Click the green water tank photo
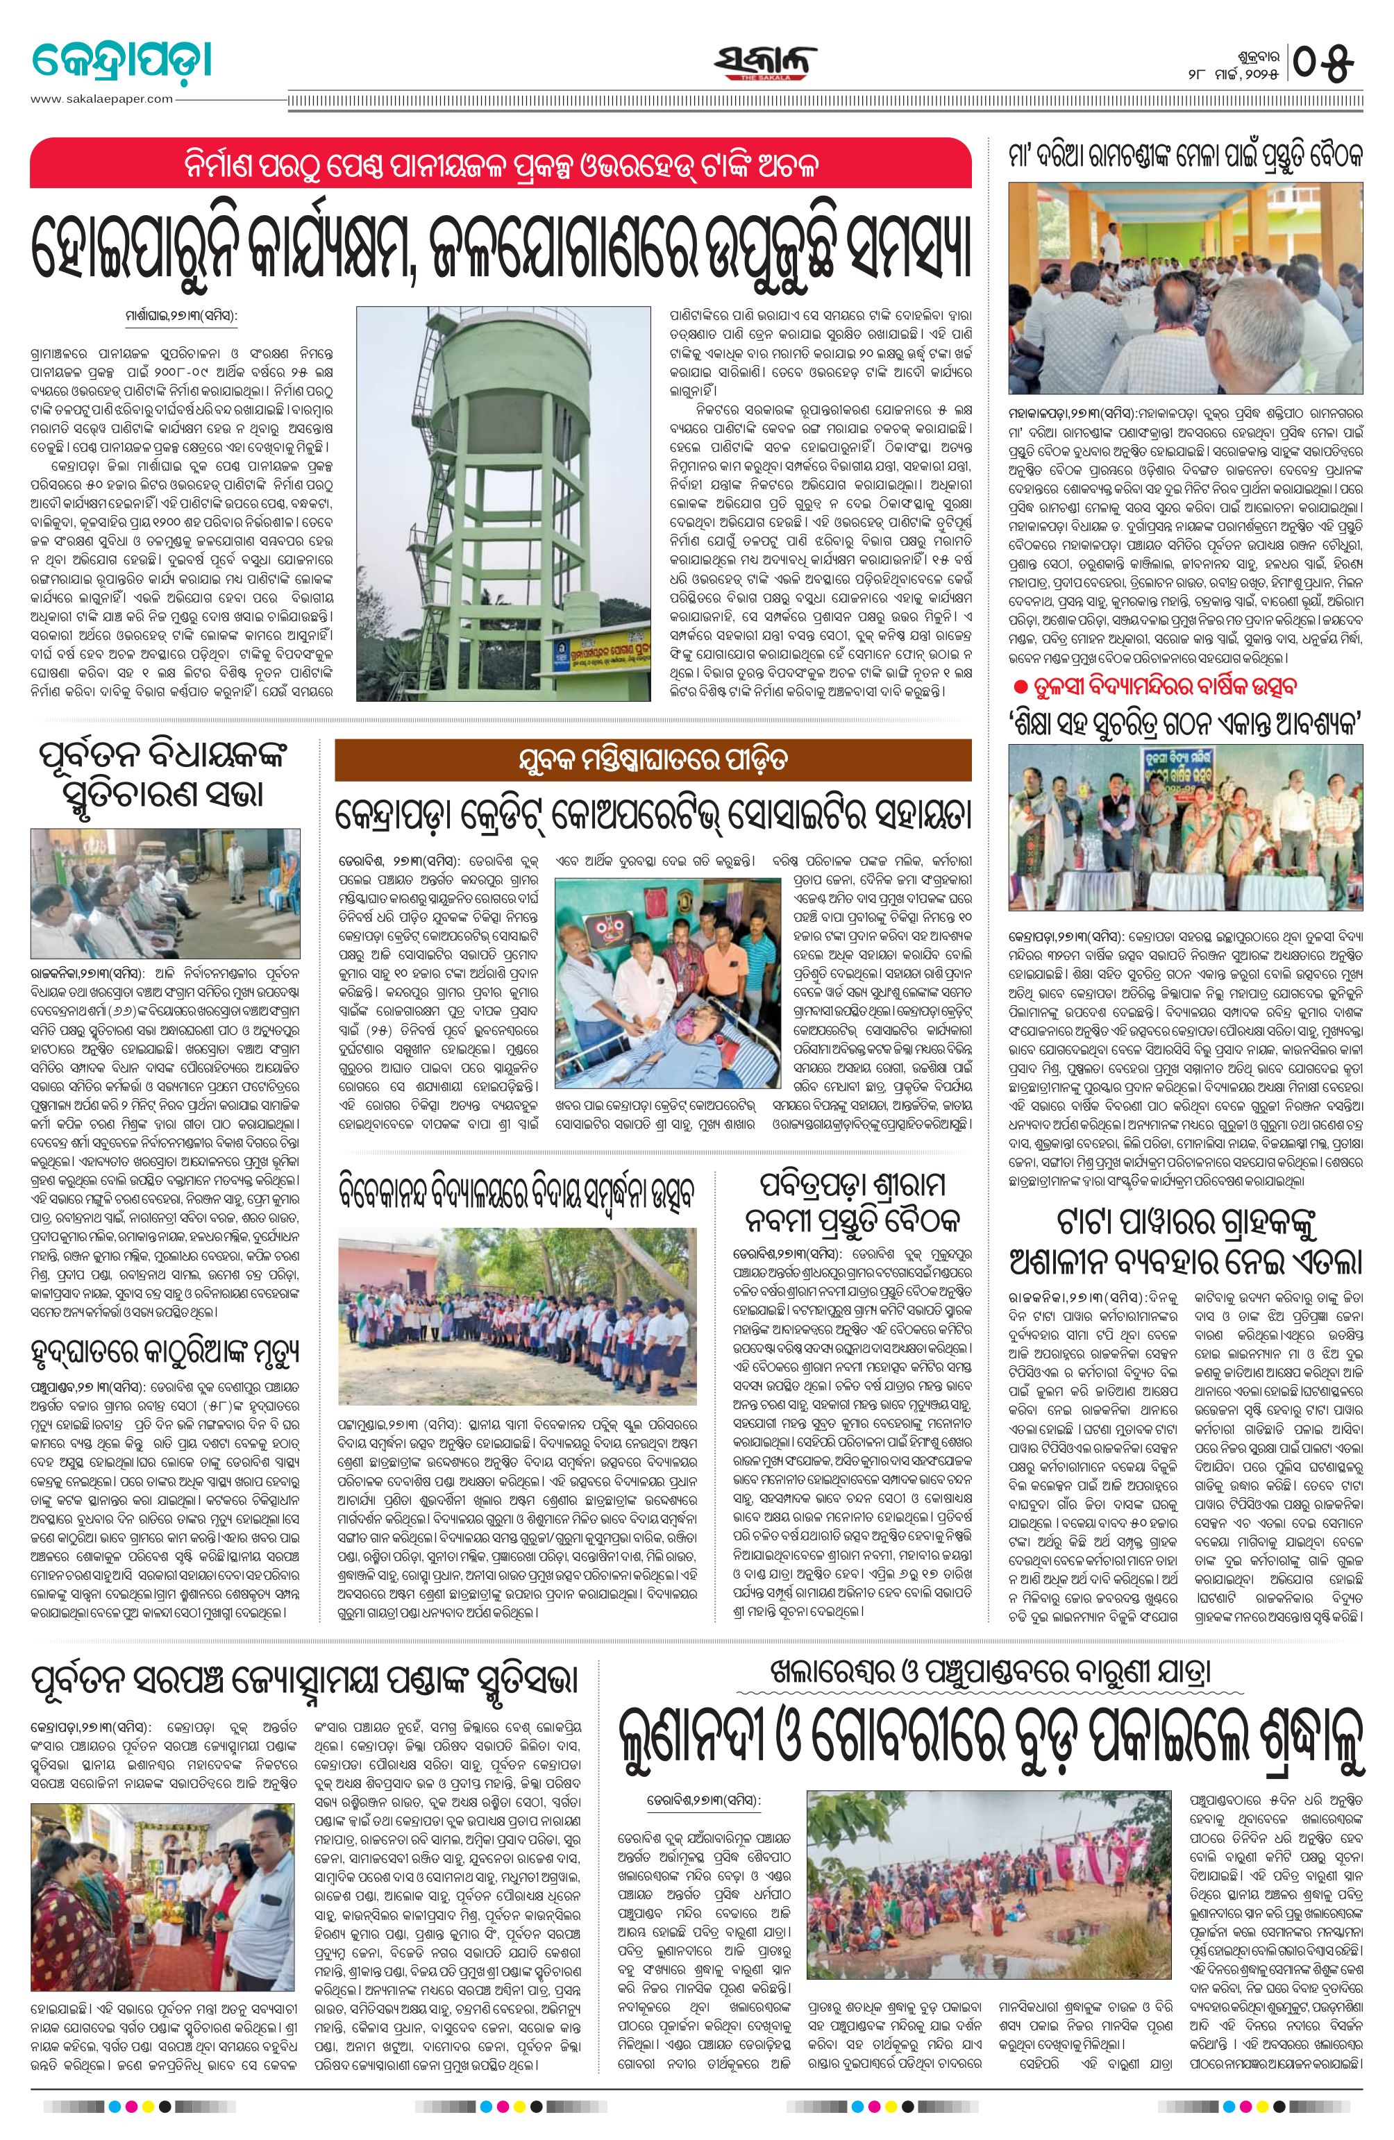point(503,503)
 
